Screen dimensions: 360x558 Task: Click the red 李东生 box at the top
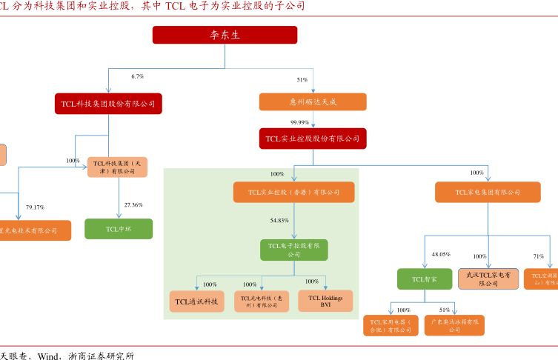[x=225, y=35]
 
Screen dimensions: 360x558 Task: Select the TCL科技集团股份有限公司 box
[x=108, y=103]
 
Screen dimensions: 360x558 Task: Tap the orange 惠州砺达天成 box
[x=313, y=102]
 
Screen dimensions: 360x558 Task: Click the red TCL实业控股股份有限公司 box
[x=313, y=138]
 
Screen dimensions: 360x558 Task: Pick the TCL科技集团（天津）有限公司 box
[x=117, y=167]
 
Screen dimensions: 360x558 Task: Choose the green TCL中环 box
[x=119, y=229]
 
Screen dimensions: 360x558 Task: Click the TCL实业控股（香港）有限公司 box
[x=294, y=193]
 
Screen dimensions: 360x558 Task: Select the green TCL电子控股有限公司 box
[x=294, y=250]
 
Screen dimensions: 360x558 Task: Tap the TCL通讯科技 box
[x=196, y=301]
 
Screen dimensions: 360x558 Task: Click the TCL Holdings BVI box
[x=325, y=301]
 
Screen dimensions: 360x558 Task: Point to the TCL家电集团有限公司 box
[x=488, y=193]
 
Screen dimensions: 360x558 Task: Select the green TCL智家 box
[x=424, y=279]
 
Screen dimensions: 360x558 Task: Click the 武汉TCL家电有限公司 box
[x=488, y=279]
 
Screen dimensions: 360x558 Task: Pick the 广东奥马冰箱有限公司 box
[x=454, y=325]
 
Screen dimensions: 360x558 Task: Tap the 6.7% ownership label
[x=137, y=76]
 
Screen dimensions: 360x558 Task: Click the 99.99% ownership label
[x=300, y=121]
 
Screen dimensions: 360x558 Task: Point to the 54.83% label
[x=279, y=221]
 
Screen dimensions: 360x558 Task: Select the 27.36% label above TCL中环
[x=133, y=204]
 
